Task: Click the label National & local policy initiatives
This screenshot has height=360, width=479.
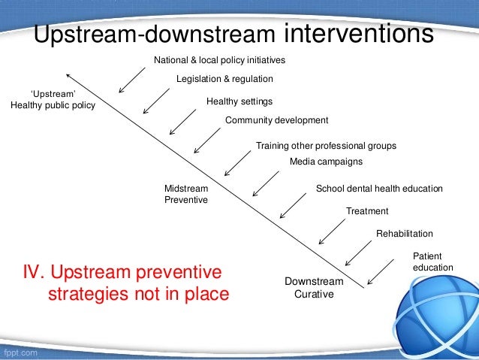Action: pos(219,59)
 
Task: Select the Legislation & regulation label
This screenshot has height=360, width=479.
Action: pos(224,78)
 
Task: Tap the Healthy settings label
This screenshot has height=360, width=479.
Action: pos(239,101)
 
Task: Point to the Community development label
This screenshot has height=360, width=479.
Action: pos(277,120)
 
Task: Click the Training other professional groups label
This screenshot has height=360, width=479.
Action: pos(326,146)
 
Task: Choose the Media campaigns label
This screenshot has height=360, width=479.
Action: pos(326,162)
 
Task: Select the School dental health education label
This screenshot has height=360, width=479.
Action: pos(379,189)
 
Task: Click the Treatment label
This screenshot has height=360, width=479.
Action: pos(367,211)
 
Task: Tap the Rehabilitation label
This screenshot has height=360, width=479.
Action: pos(404,234)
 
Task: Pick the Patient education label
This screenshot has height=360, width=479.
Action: pos(432,262)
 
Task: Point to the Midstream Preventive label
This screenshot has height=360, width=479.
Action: pos(185,195)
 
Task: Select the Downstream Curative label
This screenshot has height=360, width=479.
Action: pos(314,288)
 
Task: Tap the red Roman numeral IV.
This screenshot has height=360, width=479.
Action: pos(38,271)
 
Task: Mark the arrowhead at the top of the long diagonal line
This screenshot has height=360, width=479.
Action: pos(68,74)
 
